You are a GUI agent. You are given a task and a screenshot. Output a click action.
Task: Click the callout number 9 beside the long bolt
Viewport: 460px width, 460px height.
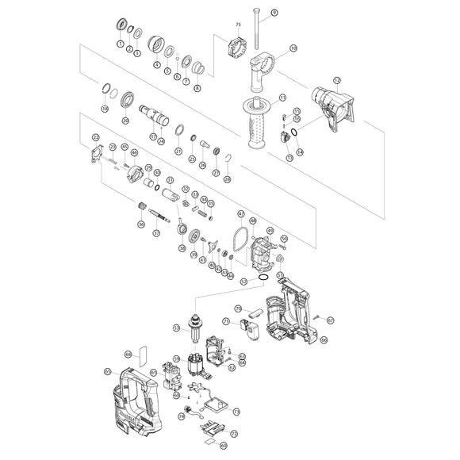click(274, 13)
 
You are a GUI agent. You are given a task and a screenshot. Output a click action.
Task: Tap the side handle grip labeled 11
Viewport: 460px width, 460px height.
click(256, 126)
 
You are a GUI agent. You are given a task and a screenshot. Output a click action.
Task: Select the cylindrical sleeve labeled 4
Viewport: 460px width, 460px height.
click(156, 44)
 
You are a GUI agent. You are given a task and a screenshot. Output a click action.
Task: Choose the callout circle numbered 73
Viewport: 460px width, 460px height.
click(236, 412)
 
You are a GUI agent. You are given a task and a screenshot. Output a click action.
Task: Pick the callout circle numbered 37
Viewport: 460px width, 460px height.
click(156, 233)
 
